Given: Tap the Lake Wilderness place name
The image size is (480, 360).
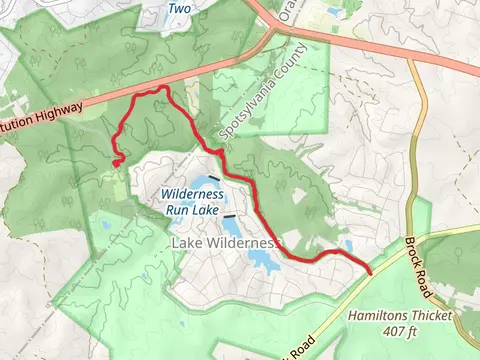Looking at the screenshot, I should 224,243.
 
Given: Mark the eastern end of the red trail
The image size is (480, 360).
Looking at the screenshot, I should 371,272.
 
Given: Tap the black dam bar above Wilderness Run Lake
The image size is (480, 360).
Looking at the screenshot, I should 214,178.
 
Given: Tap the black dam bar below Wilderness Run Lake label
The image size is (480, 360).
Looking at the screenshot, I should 230,215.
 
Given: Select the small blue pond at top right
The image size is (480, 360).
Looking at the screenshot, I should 334,13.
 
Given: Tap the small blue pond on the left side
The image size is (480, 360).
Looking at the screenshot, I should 105,225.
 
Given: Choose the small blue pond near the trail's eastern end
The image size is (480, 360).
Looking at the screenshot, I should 348,244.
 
